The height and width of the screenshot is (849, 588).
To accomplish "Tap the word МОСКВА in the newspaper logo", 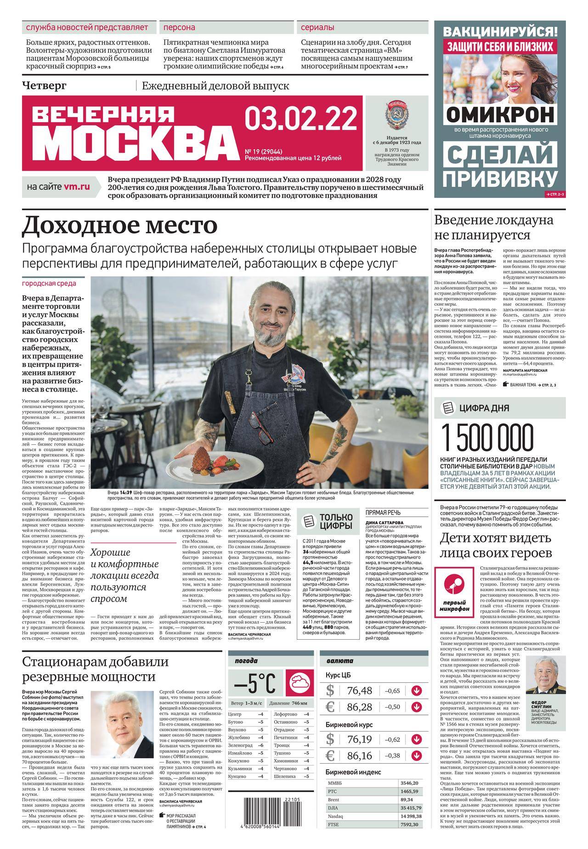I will point(133,142).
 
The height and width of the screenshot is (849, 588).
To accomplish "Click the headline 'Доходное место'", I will point(119,225).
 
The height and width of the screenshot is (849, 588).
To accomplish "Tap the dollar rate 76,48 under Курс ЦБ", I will point(360,691).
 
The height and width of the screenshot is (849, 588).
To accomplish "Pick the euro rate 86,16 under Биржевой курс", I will point(360,756).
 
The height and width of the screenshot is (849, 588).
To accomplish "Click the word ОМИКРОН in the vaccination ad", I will point(500,113).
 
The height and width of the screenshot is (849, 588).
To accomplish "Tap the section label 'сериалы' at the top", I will point(317,27).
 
